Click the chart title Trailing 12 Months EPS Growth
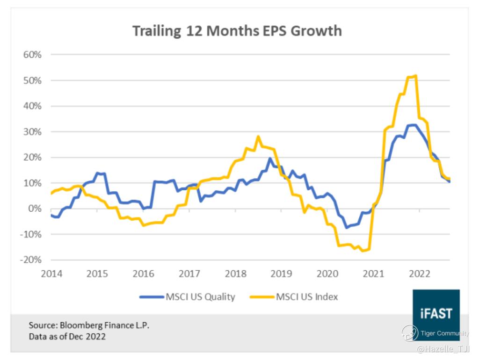237,31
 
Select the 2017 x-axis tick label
189,274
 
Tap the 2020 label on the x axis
327,274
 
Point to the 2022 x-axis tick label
420,274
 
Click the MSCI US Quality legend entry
187,296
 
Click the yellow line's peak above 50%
416,76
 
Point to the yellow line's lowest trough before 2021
363,251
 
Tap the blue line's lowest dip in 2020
347,228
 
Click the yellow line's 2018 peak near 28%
258,137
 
